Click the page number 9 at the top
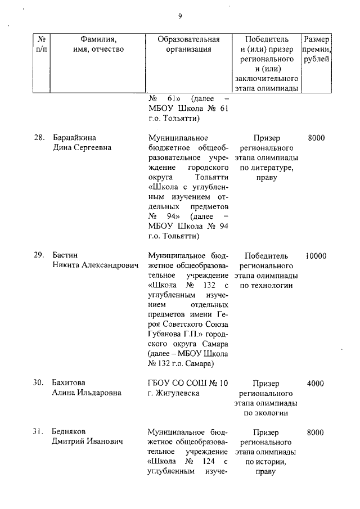[180, 16]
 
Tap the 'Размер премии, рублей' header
[316, 49]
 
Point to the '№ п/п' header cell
[41, 44]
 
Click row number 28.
[39, 138]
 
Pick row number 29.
[39, 255]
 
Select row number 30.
[39, 383]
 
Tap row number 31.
[39, 432]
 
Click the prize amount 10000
[316, 255]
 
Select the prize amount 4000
[316, 383]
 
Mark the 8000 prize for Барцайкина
[316, 138]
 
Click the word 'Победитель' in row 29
[267, 255]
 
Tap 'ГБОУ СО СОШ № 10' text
[188, 383]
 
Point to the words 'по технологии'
[267, 286]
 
